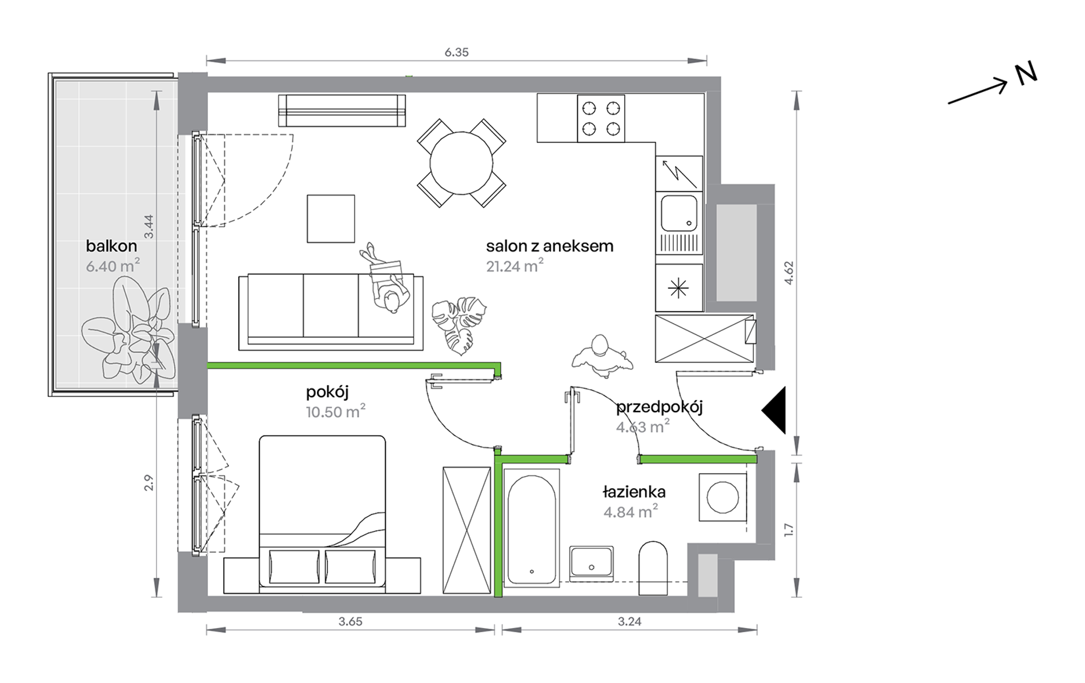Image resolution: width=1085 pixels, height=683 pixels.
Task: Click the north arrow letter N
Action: [x=1026, y=74]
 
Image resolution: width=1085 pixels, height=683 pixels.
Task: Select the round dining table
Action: [x=461, y=163]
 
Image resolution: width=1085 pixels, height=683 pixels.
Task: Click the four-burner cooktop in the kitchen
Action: [x=601, y=118]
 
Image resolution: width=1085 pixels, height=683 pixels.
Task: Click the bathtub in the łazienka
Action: [x=532, y=528]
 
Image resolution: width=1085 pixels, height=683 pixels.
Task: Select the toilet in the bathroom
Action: [x=653, y=568]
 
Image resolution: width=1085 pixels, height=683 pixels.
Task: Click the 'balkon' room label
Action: [x=111, y=246]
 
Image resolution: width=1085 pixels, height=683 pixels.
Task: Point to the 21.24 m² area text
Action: [x=515, y=266]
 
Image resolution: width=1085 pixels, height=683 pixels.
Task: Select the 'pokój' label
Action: [x=327, y=393]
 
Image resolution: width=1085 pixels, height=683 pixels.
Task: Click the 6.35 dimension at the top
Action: [x=456, y=53]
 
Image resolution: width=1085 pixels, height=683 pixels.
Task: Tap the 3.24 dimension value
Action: [x=629, y=621]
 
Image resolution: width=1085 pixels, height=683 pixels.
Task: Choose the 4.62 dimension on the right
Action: [x=789, y=273]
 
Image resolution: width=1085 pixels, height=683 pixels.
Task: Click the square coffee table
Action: [x=331, y=219]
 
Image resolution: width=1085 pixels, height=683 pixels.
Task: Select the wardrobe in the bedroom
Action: [x=467, y=530]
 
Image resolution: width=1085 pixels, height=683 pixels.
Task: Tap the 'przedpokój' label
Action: [x=660, y=408]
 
